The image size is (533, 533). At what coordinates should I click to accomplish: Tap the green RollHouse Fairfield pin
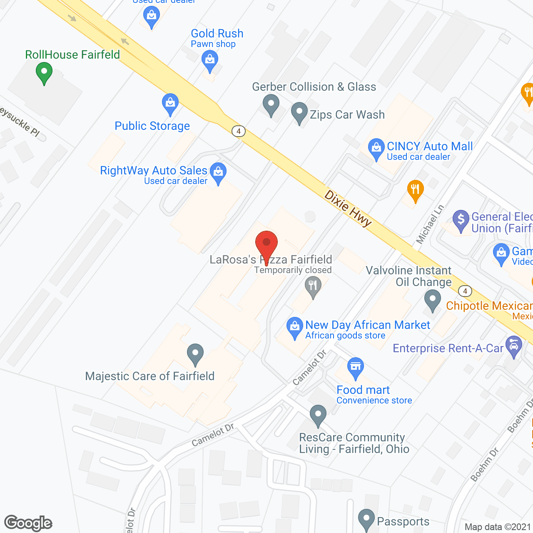44,72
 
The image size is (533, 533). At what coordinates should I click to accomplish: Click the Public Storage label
152,126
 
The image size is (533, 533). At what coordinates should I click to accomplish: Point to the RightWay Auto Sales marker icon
218,172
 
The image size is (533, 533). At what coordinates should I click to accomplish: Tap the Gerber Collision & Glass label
314,87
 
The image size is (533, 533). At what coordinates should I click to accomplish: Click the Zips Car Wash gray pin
299,113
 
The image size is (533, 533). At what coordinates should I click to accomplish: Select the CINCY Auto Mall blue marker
376,148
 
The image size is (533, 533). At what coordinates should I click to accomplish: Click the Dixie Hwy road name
348,209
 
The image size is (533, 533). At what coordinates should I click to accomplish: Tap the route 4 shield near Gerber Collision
239,131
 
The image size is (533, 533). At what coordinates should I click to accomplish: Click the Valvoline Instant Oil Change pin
433,300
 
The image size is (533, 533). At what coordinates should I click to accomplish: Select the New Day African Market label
367,325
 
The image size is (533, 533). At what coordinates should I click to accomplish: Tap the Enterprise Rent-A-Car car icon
514,346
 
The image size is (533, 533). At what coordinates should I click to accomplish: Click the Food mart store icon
355,368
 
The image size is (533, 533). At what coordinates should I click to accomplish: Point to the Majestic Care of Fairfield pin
195,354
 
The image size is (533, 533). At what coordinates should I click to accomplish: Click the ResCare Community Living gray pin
318,415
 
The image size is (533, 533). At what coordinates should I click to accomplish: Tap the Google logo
28,523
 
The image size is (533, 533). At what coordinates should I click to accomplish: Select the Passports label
403,521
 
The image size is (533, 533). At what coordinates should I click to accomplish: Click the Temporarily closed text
293,270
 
